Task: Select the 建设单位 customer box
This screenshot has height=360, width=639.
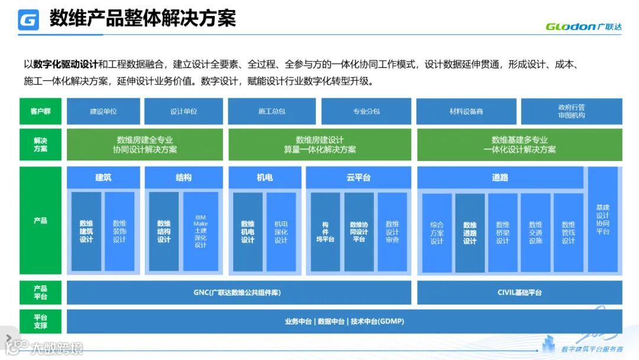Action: click(104, 111)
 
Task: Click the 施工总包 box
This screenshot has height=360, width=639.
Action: click(272, 111)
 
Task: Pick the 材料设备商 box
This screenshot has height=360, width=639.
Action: click(466, 111)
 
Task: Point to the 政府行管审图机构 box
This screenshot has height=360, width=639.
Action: click(571, 111)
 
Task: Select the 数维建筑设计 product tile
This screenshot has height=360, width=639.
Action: click(86, 232)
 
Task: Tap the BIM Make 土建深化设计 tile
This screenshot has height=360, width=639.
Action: click(201, 232)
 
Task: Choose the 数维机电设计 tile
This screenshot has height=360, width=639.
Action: click(248, 232)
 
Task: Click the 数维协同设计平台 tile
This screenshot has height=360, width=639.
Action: click(359, 232)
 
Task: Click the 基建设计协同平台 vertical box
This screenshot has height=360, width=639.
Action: click(603, 220)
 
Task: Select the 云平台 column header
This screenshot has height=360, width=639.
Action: click(358, 178)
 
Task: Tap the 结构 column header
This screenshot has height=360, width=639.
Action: click(183, 178)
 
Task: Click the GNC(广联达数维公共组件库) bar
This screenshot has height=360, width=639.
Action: click(238, 292)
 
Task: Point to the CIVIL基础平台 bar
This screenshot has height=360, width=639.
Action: click(519, 292)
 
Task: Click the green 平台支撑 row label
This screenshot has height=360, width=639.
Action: click(40, 322)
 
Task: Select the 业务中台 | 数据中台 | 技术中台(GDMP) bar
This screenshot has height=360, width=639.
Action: click(344, 322)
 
